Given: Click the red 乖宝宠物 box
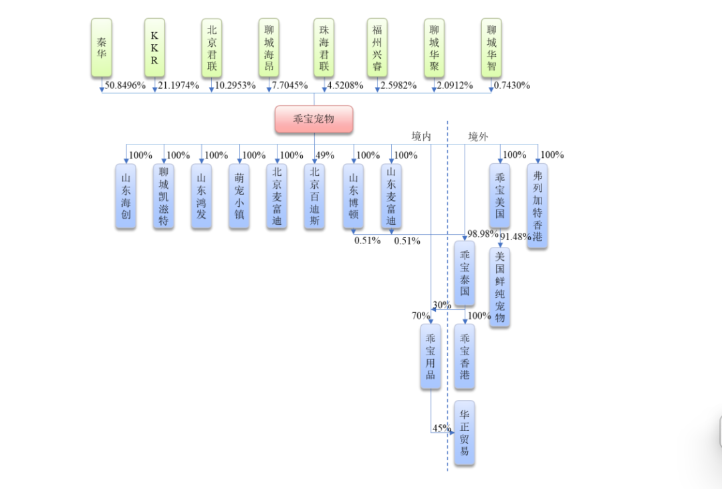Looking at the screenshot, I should (x=314, y=119).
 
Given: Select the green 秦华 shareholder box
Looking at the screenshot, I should (x=102, y=47).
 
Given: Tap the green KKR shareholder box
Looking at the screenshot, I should (x=154, y=47).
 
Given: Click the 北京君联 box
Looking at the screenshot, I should (x=212, y=47).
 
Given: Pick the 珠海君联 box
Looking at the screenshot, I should (x=324, y=47).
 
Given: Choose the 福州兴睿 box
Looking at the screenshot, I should (x=378, y=47).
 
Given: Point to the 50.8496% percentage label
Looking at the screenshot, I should (x=125, y=86).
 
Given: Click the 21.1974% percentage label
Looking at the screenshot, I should (x=178, y=86).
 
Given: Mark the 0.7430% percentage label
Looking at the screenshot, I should (x=511, y=86).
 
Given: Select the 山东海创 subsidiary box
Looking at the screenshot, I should (x=126, y=196).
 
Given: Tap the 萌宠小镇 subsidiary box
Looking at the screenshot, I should (x=239, y=196).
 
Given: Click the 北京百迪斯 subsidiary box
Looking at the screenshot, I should (x=315, y=196).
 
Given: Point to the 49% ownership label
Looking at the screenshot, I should (x=325, y=155).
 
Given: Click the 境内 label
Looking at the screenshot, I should (x=421, y=136).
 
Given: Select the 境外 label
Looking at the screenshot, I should (x=478, y=136).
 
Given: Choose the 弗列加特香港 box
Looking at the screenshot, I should (x=537, y=205).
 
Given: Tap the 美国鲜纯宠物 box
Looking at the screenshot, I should (x=499, y=287).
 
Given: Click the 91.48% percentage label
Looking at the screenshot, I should (x=515, y=237).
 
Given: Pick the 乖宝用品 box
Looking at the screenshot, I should (x=431, y=356).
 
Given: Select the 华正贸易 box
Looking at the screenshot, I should (x=465, y=433).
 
